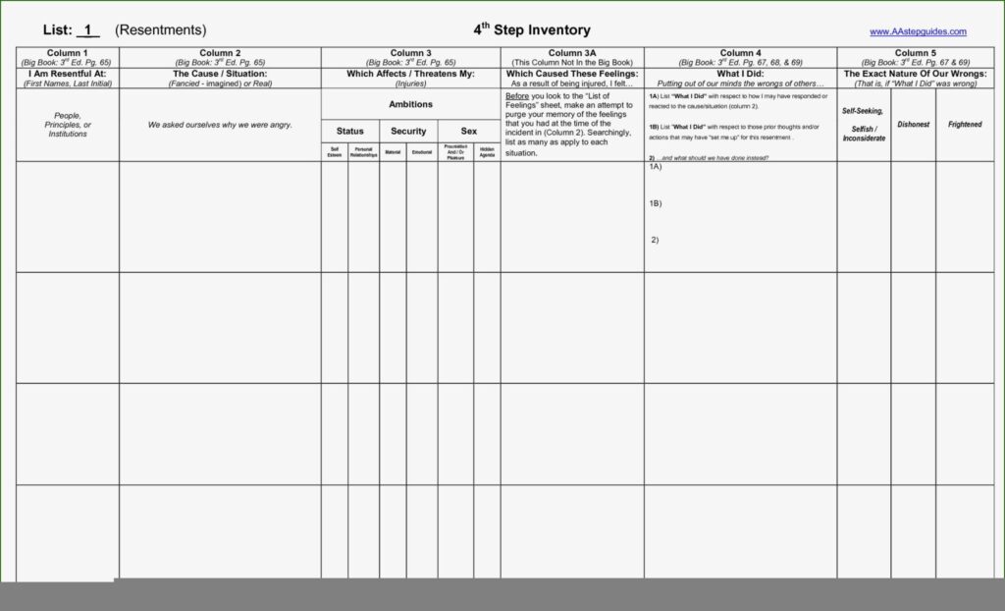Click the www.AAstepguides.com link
coord(918,31)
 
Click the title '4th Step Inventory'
coord(531,29)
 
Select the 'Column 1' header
coord(67,53)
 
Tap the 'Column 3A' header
coord(572,53)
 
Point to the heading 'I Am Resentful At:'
coord(67,74)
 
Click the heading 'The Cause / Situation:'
coord(220,74)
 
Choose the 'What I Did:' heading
coord(740,74)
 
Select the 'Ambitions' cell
coord(410,104)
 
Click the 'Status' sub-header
coord(349,131)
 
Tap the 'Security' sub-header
coord(408,131)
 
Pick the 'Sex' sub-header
coord(469,131)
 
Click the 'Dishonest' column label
coord(913,125)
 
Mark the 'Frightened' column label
coord(964,125)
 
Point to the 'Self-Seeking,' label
coord(863,111)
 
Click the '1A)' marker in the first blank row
coord(656,167)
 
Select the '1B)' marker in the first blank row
coord(656,203)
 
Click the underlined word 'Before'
coord(517,96)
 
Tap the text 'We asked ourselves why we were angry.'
coord(220,125)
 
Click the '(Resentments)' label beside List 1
coord(160,29)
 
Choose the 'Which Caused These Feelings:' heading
coord(572,74)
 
